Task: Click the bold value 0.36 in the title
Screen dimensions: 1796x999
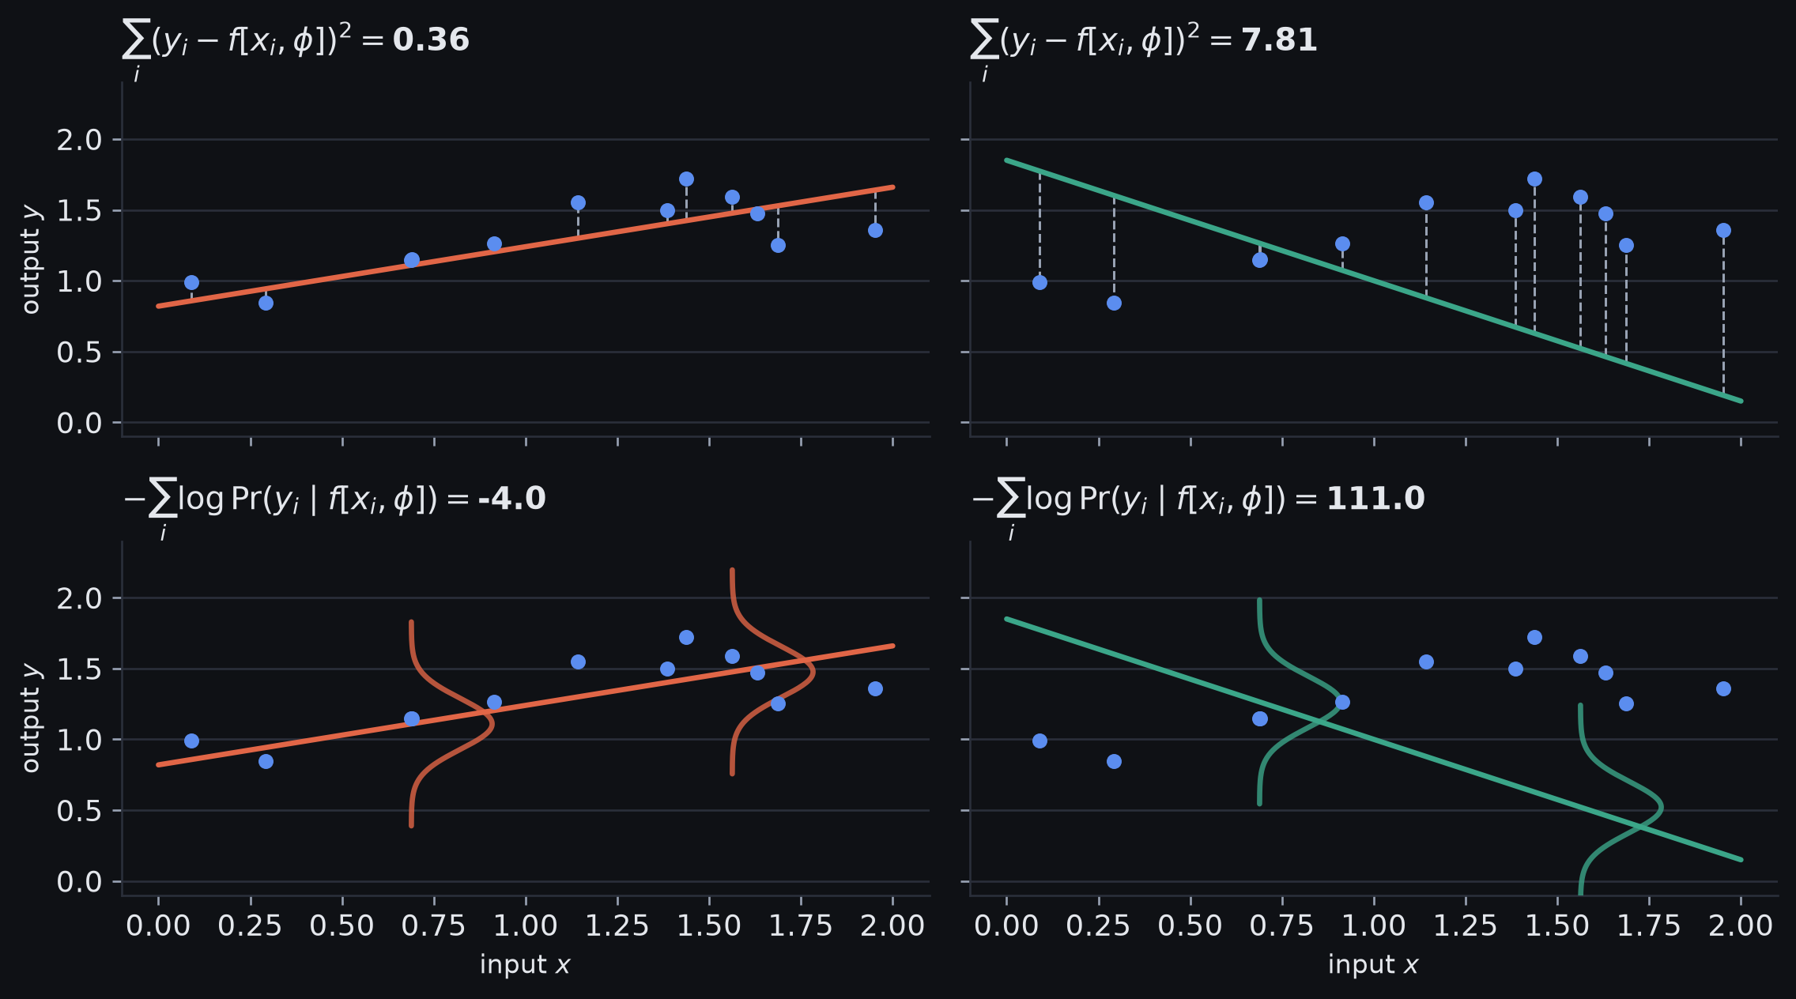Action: (x=431, y=40)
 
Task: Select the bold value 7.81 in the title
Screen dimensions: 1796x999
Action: (x=1279, y=40)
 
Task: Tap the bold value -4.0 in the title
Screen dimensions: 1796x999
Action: (x=511, y=499)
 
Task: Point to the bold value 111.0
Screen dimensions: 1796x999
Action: (x=1375, y=499)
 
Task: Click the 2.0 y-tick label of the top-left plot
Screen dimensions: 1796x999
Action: (x=79, y=140)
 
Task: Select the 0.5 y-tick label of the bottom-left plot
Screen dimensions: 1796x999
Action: (x=79, y=811)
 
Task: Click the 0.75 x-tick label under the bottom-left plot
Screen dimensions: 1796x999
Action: (x=434, y=925)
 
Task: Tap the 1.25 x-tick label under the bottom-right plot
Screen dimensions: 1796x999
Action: (x=1466, y=925)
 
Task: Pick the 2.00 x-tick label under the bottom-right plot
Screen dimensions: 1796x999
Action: (x=1741, y=925)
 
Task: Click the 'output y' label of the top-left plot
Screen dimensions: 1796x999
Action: (x=30, y=260)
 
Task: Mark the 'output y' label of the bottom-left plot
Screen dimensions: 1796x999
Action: (x=30, y=718)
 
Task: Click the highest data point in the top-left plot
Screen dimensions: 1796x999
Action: (x=686, y=179)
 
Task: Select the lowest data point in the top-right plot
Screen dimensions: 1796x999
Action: (x=1114, y=303)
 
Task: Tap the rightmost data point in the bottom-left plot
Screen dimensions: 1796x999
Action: (x=875, y=689)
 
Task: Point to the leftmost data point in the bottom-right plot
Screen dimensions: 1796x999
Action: (x=1039, y=741)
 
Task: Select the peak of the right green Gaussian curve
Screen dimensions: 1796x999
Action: (x=1662, y=808)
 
